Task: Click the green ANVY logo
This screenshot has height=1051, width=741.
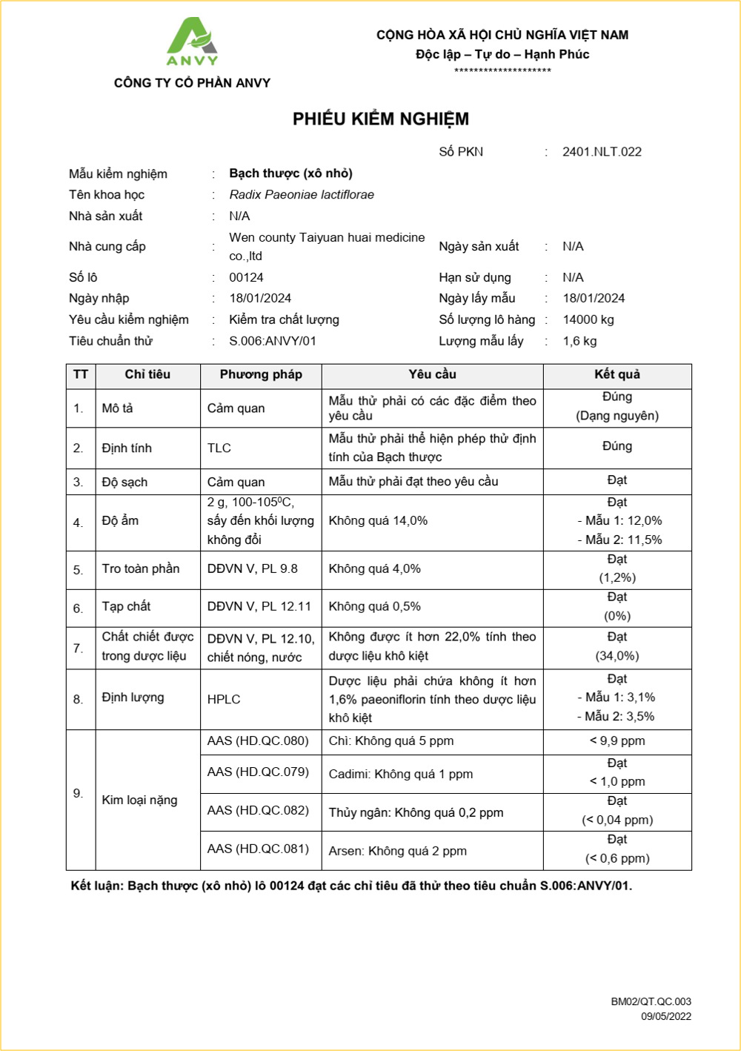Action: tap(191, 42)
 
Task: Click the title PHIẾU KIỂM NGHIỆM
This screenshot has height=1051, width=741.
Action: tap(380, 119)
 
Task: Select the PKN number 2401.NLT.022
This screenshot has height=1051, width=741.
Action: tap(602, 152)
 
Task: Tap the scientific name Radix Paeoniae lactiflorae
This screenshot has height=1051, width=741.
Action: tap(302, 195)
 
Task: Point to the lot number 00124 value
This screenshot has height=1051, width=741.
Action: tap(246, 278)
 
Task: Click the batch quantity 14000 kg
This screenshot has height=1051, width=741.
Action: tap(588, 320)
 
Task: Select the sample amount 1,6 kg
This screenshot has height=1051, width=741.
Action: tap(579, 342)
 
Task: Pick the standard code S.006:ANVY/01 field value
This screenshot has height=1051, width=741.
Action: tap(273, 342)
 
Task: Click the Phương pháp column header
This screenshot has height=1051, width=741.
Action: tap(261, 375)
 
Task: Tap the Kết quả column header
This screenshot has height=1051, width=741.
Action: tap(617, 375)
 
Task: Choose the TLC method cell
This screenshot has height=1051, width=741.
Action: tap(219, 448)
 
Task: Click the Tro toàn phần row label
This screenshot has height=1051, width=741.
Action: tap(141, 569)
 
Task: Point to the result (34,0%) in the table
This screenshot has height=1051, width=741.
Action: tap(617, 656)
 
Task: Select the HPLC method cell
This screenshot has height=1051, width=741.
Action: tap(224, 700)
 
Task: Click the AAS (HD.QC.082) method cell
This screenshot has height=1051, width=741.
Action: tap(258, 811)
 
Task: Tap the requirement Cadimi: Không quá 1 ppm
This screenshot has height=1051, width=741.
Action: tap(401, 775)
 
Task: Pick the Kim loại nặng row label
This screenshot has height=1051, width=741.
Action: tap(139, 800)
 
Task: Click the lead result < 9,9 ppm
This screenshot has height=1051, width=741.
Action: tap(617, 741)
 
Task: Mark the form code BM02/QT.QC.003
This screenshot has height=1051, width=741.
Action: tap(651, 1002)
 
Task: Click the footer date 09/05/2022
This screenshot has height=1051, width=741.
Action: tap(665, 1017)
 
